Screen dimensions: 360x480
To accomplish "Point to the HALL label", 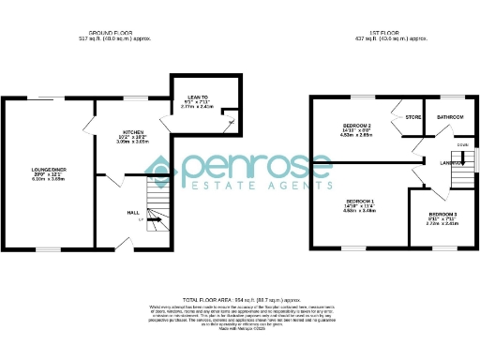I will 133,212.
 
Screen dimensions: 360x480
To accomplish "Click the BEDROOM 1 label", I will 360,202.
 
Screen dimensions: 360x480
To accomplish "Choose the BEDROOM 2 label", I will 357,126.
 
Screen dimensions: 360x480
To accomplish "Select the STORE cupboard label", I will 412,117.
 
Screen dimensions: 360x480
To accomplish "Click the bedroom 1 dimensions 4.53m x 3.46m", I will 360,212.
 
